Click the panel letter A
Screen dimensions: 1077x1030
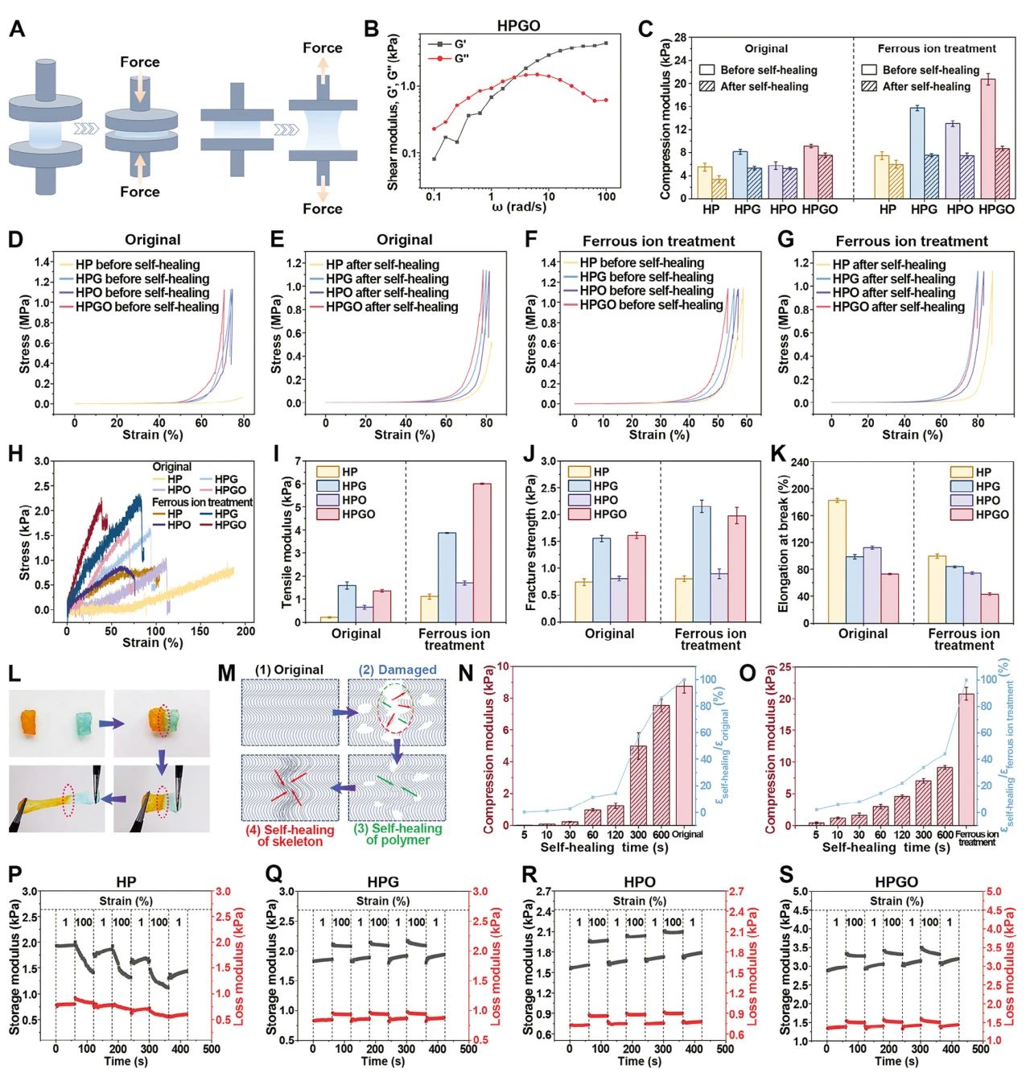click(17, 30)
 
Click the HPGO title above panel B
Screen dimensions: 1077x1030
click(518, 26)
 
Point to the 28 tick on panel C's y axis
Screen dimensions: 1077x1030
click(680, 38)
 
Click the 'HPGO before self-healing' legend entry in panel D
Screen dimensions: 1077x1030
click(146, 307)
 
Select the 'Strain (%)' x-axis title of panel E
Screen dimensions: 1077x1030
click(405, 435)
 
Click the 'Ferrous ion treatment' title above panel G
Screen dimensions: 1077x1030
click(911, 241)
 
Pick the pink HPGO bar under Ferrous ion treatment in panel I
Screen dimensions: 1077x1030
click(481, 553)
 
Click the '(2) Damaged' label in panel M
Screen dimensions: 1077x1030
click(398, 670)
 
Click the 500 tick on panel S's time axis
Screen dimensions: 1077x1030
click(980, 1050)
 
